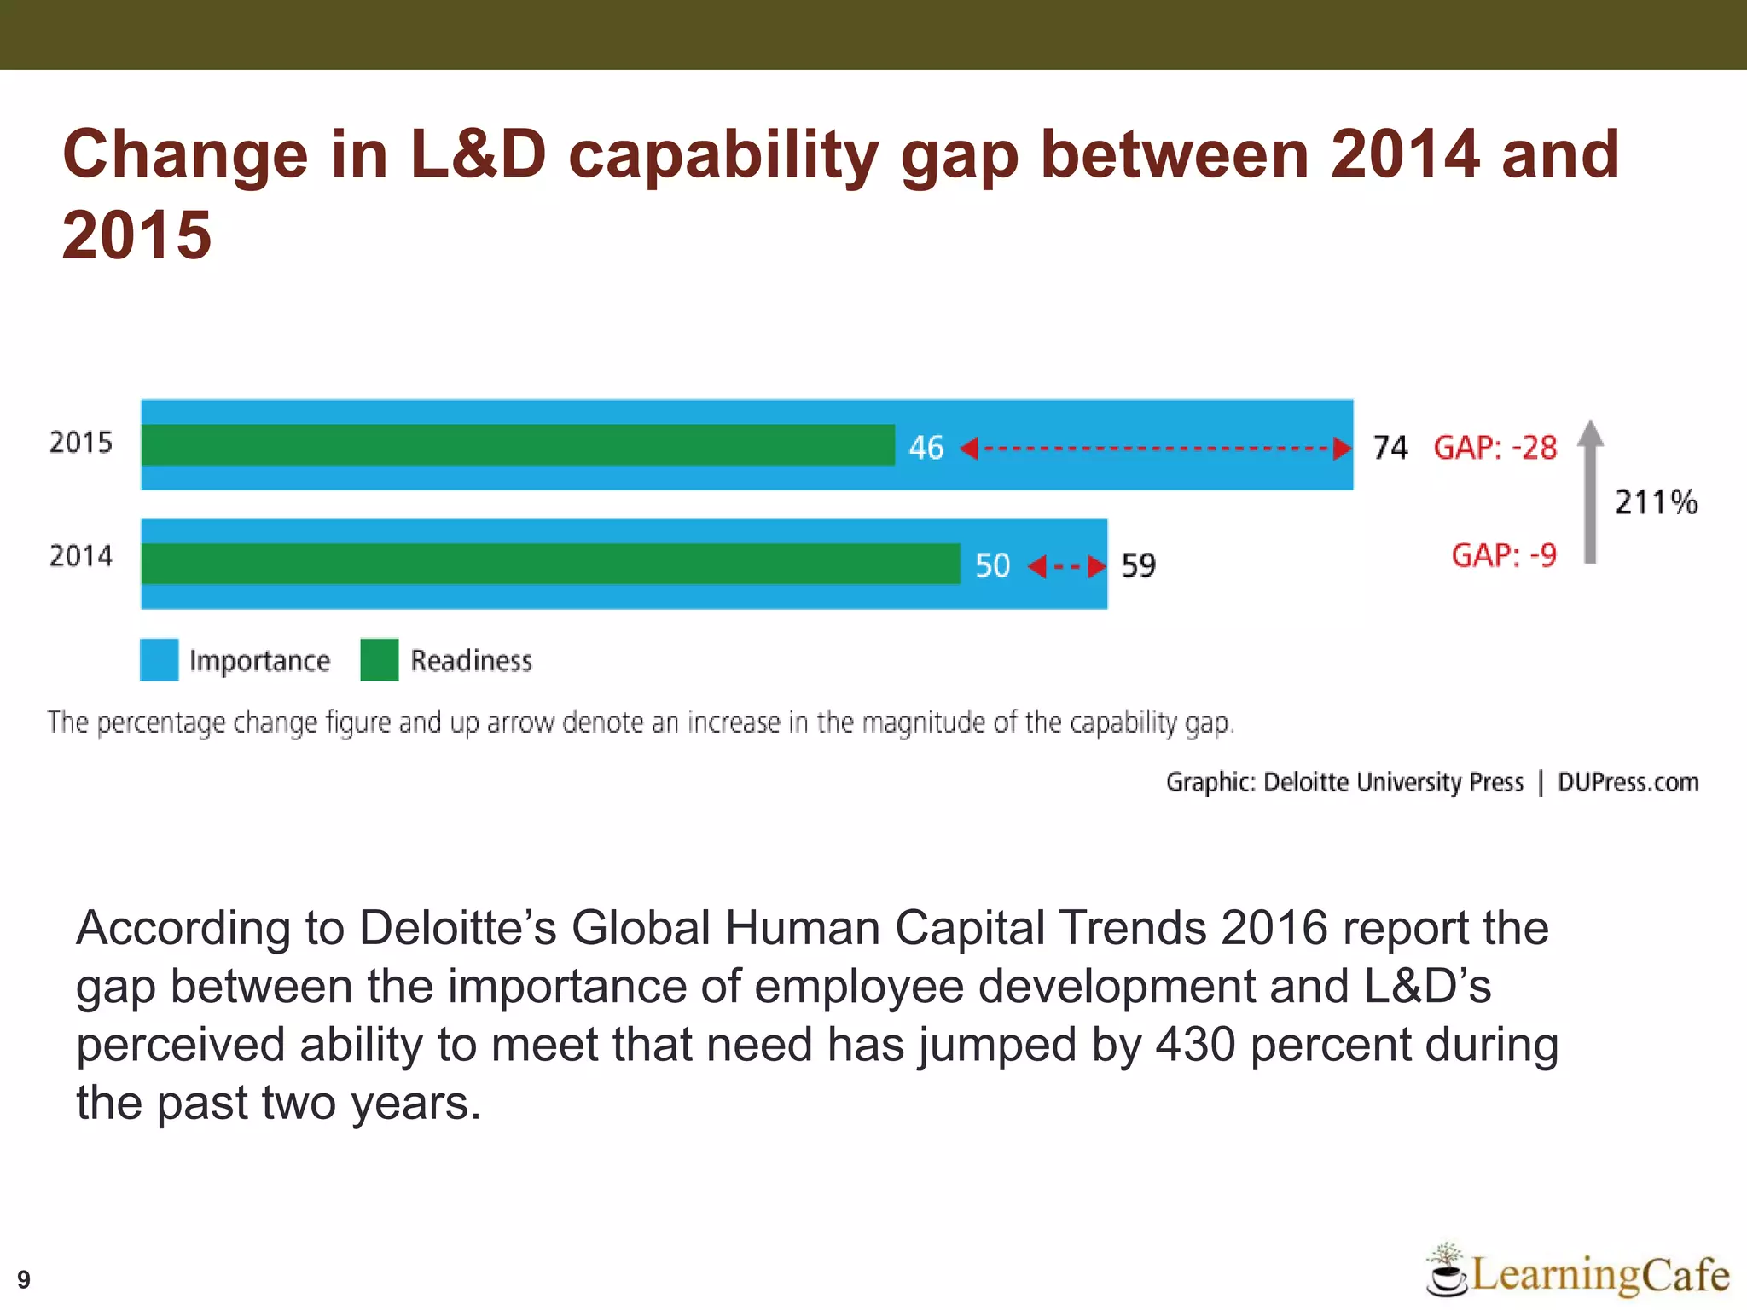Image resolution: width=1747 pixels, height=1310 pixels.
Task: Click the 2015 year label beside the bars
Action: coord(81,443)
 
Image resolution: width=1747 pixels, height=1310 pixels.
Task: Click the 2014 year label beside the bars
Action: coord(81,556)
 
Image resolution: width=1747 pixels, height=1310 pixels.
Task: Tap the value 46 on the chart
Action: coord(926,448)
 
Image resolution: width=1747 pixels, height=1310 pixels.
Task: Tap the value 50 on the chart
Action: coord(992,565)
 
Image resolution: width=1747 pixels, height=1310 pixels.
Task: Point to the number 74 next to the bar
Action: coord(1390,448)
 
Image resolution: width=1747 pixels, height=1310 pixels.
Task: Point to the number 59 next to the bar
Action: coord(1138,565)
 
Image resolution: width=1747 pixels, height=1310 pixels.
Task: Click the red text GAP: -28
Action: coord(1495,448)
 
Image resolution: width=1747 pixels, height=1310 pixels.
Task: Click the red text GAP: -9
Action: coord(1504,555)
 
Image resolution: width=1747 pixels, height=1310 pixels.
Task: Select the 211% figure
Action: coord(1656,502)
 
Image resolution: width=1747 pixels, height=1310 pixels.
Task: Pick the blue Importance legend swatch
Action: coord(160,660)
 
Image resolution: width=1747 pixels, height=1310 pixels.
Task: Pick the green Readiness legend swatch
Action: coord(380,660)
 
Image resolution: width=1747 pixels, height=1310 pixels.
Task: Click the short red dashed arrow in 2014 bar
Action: coord(1067,565)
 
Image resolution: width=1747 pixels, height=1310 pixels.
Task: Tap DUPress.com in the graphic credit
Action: coord(1628,782)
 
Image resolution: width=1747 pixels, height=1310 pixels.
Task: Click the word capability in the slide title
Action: coord(723,155)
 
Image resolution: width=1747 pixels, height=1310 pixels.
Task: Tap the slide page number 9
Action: coord(24,1279)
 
